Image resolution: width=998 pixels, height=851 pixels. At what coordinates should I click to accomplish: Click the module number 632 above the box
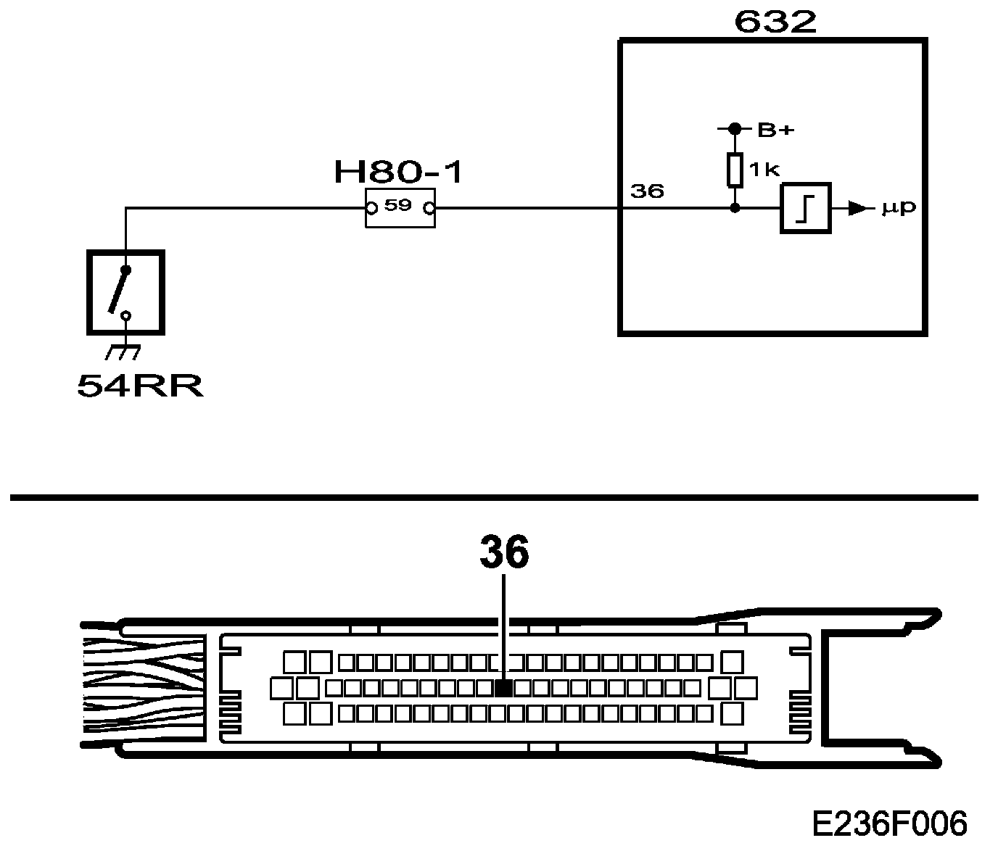pyautogui.click(x=775, y=22)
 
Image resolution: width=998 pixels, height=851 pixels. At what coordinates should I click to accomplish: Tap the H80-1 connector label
pyautogui.click(x=397, y=173)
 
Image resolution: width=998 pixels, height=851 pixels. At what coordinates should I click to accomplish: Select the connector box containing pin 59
pyautogui.click(x=400, y=208)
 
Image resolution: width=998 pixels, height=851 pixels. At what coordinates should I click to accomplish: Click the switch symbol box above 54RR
pyautogui.click(x=125, y=292)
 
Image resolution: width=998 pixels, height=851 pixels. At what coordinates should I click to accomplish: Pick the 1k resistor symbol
pyautogui.click(x=735, y=169)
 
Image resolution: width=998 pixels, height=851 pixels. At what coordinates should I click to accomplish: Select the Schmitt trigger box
pyautogui.click(x=805, y=209)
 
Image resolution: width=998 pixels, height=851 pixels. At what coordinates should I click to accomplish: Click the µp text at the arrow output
pyautogui.click(x=899, y=208)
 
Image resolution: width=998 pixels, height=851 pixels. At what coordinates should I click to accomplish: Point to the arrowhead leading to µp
pyautogui.click(x=857, y=209)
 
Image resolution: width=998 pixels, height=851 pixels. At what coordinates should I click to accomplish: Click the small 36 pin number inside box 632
pyautogui.click(x=647, y=191)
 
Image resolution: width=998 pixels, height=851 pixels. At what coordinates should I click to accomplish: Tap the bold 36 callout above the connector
pyautogui.click(x=504, y=554)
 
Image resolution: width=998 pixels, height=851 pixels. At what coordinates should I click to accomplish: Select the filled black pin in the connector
pyautogui.click(x=503, y=687)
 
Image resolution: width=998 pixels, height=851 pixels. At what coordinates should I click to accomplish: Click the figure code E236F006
pyautogui.click(x=889, y=824)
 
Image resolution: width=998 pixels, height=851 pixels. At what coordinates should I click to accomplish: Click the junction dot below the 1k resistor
pyautogui.click(x=735, y=208)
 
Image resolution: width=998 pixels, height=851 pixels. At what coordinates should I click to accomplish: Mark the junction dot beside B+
pyautogui.click(x=735, y=129)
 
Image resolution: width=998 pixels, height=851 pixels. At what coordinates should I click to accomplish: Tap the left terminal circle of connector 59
pyautogui.click(x=371, y=209)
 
